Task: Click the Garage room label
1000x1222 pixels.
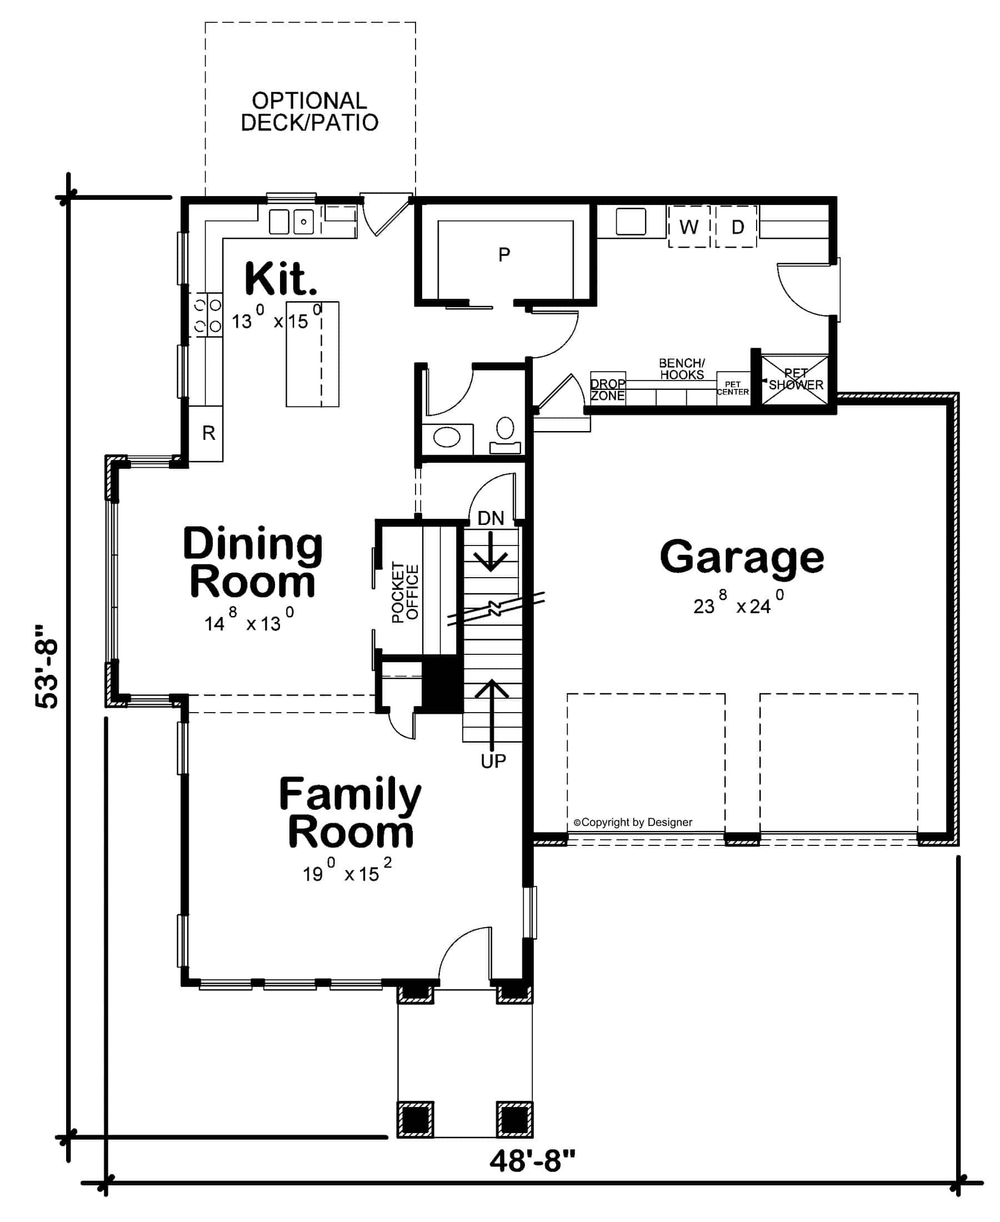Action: point(741,557)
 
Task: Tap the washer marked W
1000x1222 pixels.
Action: point(689,227)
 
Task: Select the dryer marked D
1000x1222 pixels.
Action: point(737,227)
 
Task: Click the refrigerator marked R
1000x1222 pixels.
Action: point(208,433)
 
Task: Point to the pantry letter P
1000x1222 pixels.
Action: point(504,254)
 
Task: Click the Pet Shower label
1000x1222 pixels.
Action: point(796,379)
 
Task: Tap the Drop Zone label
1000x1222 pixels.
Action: point(607,390)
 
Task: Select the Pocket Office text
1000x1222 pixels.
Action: point(405,592)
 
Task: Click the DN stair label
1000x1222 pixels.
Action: point(490,518)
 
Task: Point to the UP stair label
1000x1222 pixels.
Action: point(493,762)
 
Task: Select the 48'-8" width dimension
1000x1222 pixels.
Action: point(532,1161)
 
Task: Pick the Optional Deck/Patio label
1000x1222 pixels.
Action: point(309,112)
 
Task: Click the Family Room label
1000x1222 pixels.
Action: point(349,813)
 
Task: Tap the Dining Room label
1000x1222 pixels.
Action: point(252,562)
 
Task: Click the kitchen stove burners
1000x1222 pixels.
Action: point(207,314)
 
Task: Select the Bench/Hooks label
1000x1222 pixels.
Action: point(682,369)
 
